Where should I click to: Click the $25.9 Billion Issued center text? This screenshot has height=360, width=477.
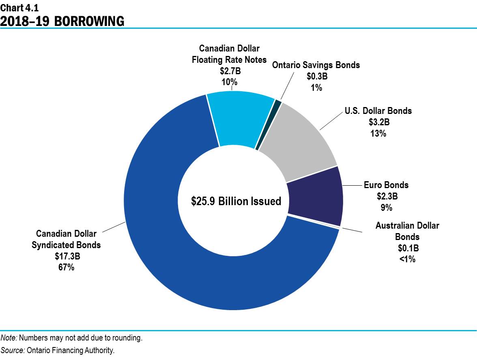tap(236, 201)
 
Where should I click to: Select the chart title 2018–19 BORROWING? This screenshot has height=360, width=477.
tap(62, 21)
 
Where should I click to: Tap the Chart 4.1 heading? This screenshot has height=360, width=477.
tap(19, 7)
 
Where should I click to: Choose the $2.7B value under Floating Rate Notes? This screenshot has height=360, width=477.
tap(229, 71)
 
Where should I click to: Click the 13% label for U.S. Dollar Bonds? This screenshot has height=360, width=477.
tap(378, 133)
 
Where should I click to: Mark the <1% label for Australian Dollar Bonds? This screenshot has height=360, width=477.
tap(407, 259)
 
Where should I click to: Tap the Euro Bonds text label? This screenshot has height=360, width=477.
tap(386, 185)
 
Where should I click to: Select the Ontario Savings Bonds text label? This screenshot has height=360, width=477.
tap(316, 65)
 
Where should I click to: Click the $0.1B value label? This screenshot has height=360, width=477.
tap(407, 248)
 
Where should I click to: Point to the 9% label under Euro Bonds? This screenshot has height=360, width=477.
tap(386, 208)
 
